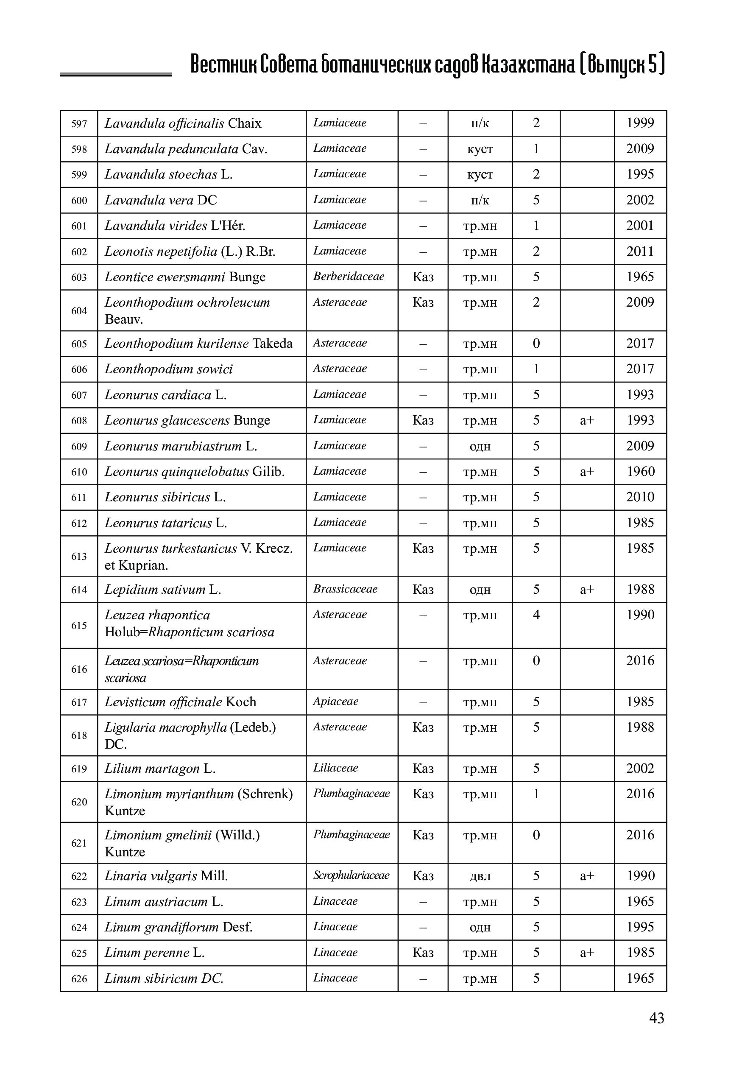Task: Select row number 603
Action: point(79,277)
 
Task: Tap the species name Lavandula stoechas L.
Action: point(168,174)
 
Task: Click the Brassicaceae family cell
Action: point(345,589)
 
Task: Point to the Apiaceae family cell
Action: point(335,701)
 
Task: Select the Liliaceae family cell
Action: point(335,768)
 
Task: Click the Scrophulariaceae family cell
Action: point(351,875)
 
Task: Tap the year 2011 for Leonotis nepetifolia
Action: point(640,251)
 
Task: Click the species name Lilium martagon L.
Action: point(160,768)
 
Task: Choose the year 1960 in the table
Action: point(640,471)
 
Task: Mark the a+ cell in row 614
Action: point(586,589)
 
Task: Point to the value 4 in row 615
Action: point(536,615)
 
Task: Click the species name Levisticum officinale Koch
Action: point(180,702)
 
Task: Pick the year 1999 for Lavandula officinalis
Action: point(640,123)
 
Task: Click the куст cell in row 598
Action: point(480,149)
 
